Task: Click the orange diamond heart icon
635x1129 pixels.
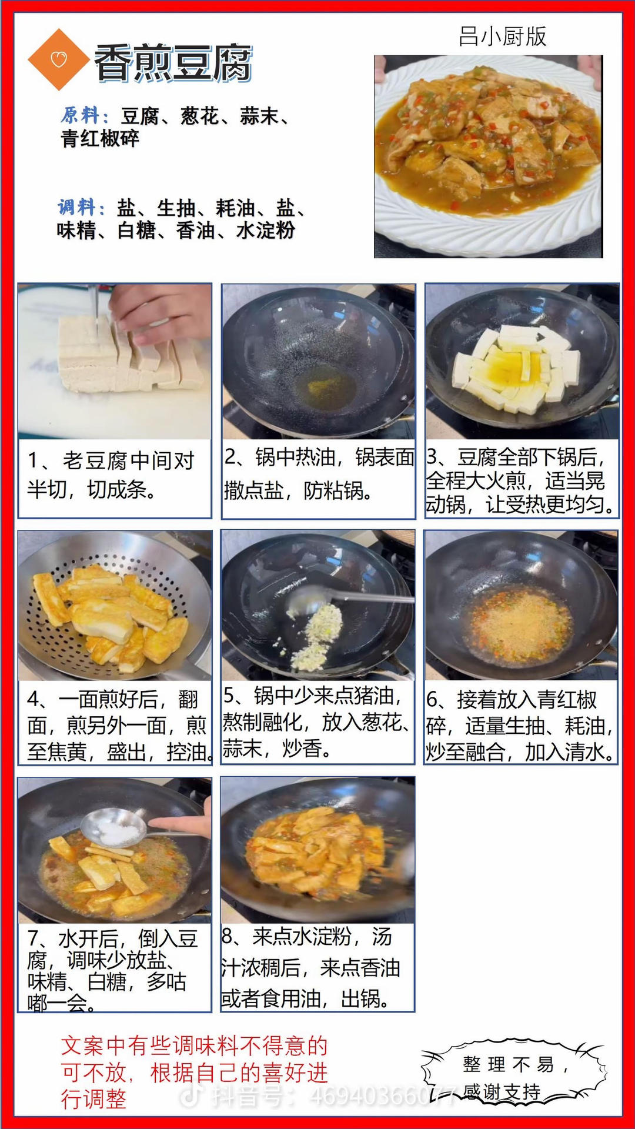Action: point(58,59)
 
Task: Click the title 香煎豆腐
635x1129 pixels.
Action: point(173,62)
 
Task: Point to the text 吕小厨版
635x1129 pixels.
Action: point(503,36)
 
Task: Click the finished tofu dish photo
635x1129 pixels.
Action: point(489,156)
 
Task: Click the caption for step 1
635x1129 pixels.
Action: point(111,475)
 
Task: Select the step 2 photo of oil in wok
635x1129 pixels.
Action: point(319,361)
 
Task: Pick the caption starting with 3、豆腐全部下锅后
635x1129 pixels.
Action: point(521,480)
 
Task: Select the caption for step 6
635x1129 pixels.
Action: point(520,726)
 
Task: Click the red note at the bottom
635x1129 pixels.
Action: point(194,1073)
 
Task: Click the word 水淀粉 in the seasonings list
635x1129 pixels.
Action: point(266,230)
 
